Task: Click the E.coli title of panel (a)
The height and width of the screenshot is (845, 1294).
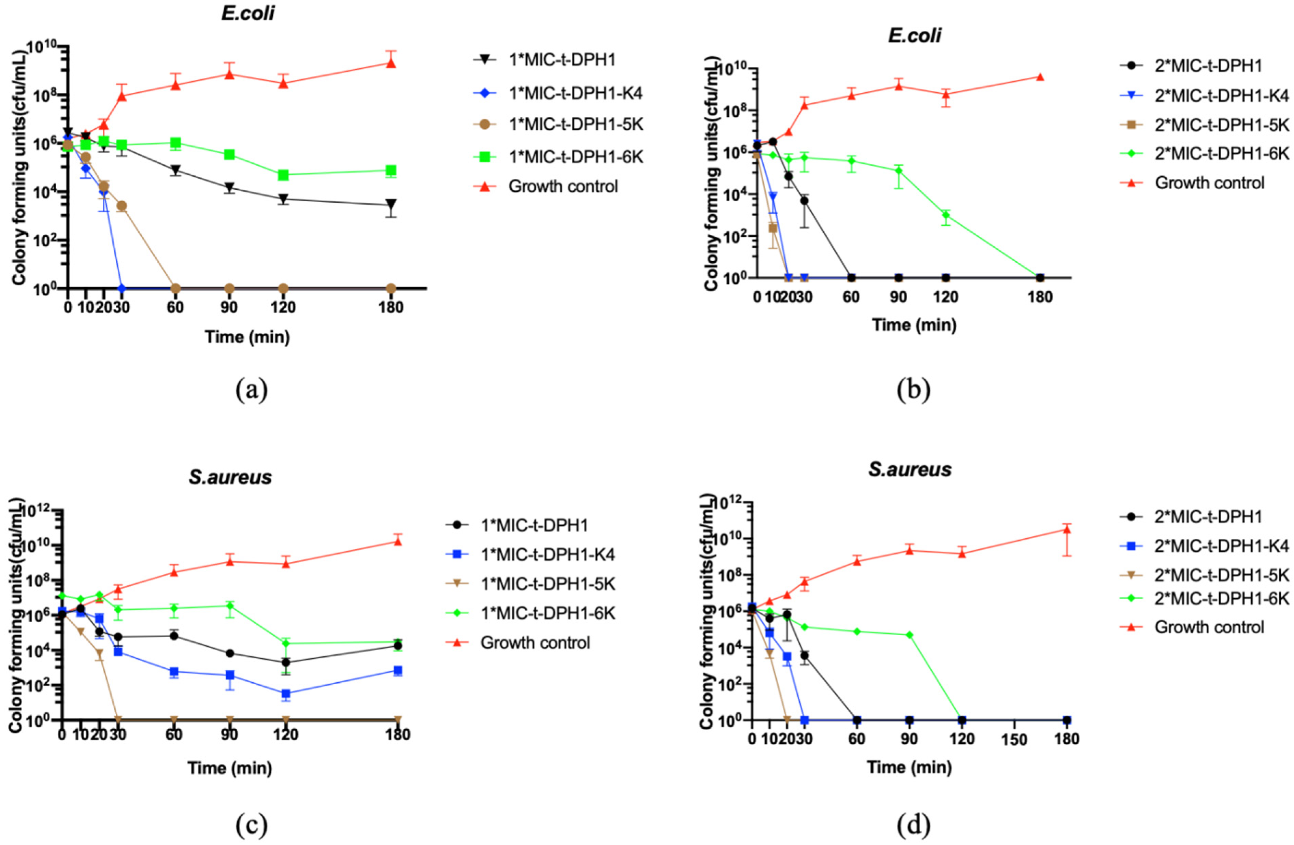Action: pos(248,13)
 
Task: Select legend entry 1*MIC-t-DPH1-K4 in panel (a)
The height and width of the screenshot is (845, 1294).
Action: pos(575,93)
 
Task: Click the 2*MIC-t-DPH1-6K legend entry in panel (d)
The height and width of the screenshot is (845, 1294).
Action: pos(1221,598)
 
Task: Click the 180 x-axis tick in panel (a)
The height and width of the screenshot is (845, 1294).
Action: pos(390,308)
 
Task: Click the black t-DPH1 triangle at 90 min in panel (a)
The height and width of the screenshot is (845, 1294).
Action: pos(229,188)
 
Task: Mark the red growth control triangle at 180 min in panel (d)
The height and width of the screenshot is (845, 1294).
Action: pos(1067,529)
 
